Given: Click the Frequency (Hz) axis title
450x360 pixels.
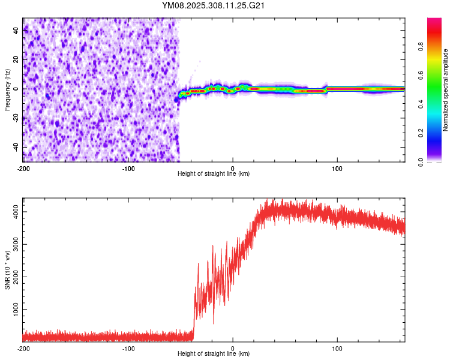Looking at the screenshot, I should [7, 89].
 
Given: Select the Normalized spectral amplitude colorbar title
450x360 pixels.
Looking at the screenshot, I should [445, 90].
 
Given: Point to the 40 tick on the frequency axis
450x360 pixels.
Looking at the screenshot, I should [16, 30].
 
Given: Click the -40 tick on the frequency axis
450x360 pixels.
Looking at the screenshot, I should [16, 147].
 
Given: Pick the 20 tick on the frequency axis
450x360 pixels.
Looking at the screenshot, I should [16, 59].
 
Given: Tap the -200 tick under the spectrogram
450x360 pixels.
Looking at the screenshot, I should [23, 168].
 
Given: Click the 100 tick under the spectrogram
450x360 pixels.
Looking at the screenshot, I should [337, 168].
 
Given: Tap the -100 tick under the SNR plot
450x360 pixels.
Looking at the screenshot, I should [128, 348].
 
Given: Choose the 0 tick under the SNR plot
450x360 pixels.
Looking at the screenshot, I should [233, 348].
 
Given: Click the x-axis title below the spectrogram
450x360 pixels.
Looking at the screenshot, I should [214, 174].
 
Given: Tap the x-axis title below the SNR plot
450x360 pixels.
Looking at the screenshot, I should [214, 354].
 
